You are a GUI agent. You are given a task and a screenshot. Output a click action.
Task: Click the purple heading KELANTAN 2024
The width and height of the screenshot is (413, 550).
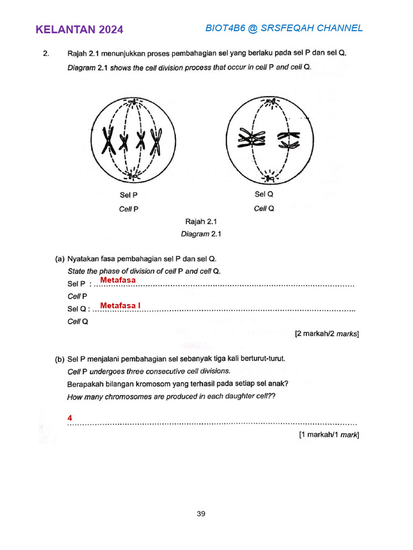[x=79, y=30]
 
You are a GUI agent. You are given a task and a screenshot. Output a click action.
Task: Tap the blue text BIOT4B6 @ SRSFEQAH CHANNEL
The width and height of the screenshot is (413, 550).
[x=284, y=28]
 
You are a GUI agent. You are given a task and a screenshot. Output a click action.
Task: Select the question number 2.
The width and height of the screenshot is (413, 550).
[x=46, y=54]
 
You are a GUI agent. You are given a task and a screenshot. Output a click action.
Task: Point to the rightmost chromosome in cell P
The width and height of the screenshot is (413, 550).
[x=157, y=141]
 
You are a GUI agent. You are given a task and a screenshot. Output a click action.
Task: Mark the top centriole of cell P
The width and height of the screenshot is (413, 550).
[x=132, y=102]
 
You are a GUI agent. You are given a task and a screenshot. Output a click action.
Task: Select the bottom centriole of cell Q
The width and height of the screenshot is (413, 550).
[x=269, y=178]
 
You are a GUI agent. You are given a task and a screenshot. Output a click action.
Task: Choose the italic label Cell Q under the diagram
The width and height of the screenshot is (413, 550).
[x=264, y=208]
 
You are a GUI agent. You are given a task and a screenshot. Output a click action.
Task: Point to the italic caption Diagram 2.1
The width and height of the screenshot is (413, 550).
[x=201, y=234]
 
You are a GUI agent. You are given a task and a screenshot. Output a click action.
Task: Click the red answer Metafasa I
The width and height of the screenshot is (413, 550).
[x=120, y=306]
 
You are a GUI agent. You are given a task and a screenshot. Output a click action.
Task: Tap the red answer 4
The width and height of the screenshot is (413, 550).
[x=70, y=417]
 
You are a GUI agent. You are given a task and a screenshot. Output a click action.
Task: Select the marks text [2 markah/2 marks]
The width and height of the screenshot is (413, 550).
[x=326, y=334]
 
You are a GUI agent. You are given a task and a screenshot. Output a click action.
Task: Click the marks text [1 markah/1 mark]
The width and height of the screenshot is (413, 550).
[x=329, y=435]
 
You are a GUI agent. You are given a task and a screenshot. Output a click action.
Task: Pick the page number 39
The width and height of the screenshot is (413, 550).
[x=201, y=513]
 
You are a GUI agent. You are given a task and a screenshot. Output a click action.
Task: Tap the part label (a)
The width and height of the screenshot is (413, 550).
[x=60, y=259]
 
